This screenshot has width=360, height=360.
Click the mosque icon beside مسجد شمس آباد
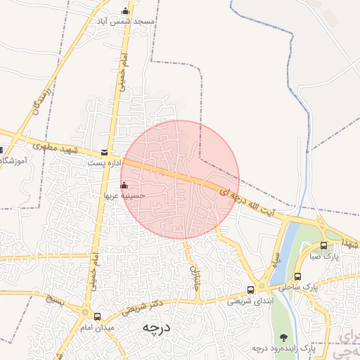[126, 11]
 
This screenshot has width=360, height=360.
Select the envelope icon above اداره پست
[105, 152]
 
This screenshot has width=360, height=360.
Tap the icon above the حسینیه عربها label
[124, 185]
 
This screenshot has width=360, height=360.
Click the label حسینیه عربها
[124, 195]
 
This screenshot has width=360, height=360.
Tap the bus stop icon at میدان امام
[97, 316]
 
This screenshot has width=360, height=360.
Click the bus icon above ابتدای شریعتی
[250, 290]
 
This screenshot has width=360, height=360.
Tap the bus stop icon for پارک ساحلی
[298, 276]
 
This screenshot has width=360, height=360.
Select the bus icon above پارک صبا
[323, 245]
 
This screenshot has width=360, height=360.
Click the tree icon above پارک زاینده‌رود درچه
[284, 337]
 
